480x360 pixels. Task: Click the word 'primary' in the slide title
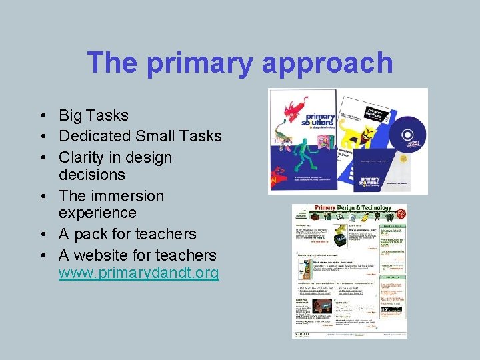(x=197, y=63)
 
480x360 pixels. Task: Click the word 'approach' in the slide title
(x=327, y=63)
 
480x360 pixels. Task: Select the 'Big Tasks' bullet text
(x=93, y=115)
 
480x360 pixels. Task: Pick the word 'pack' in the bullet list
(x=102, y=234)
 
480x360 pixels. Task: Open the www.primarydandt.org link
(x=139, y=273)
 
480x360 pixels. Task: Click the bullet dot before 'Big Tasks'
(x=42, y=116)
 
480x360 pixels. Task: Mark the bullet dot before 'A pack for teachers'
(x=42, y=235)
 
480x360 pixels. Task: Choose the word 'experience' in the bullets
(x=97, y=213)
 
